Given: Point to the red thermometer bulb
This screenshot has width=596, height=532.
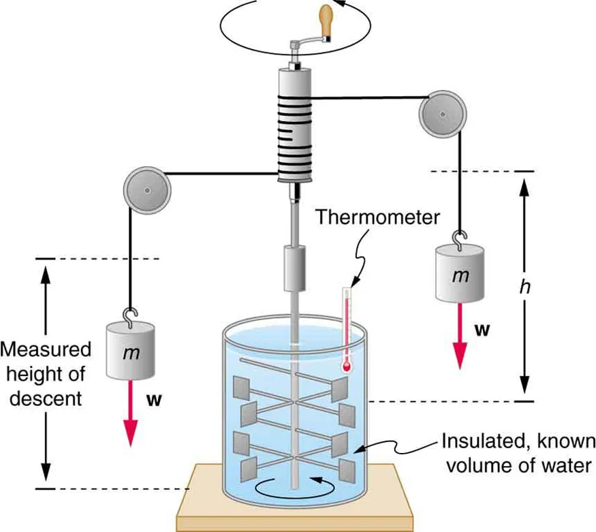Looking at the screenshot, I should coord(347,366).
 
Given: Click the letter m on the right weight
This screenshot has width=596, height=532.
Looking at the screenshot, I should coord(462,275).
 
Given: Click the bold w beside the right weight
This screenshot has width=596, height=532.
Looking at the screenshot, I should coord(482,330).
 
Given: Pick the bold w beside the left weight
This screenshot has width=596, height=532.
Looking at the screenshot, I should coord(155,400).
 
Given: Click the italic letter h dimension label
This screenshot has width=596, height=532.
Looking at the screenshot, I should coord(524,287).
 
